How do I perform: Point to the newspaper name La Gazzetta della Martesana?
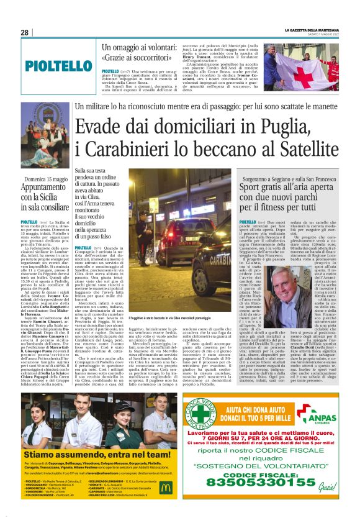313,30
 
